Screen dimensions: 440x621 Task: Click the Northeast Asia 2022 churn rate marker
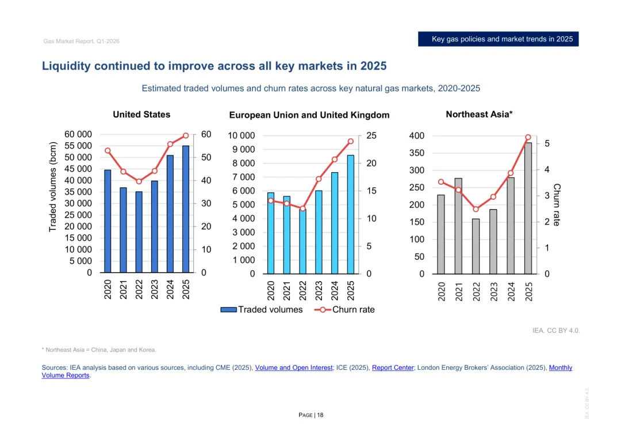(x=476, y=209)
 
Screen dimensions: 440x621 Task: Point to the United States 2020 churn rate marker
(x=108, y=151)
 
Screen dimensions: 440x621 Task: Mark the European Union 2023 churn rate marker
(x=319, y=179)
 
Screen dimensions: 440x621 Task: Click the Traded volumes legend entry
(x=262, y=310)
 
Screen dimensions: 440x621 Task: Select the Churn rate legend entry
(x=344, y=310)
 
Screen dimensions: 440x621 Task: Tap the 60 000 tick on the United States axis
(x=78, y=134)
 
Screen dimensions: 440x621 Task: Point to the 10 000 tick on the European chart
(x=241, y=136)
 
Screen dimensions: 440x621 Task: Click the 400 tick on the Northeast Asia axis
(x=416, y=136)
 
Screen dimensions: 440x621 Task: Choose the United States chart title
(x=141, y=115)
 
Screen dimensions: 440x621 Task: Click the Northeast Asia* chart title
(x=479, y=115)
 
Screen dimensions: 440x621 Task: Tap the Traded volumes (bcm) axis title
(x=53, y=187)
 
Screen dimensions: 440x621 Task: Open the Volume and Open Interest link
(x=293, y=367)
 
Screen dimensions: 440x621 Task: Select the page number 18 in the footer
(x=320, y=415)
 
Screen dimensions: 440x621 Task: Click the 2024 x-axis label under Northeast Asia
(x=511, y=291)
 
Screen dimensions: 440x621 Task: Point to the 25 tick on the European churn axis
(x=371, y=136)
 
